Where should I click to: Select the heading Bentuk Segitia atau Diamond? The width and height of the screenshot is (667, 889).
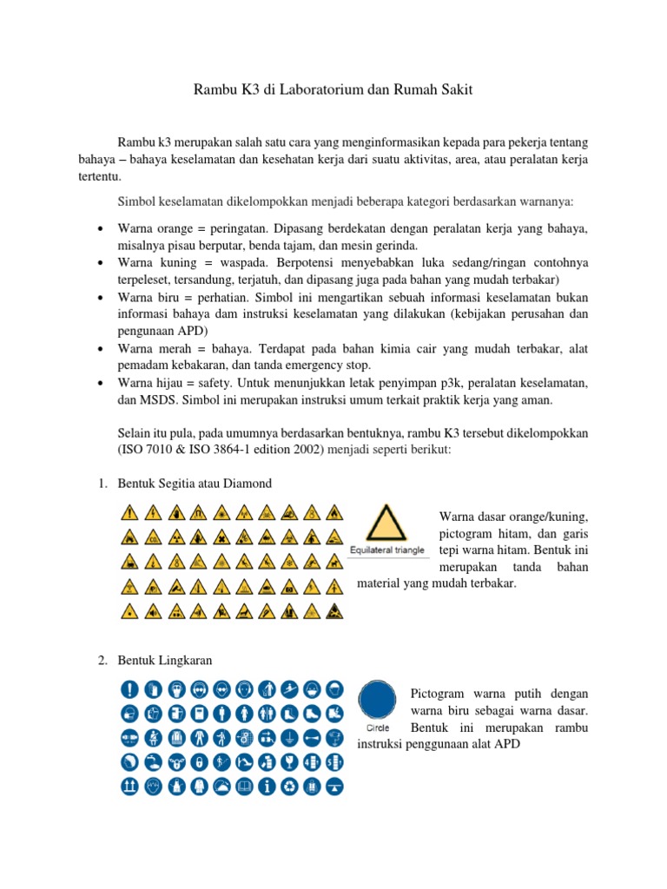pos(195,483)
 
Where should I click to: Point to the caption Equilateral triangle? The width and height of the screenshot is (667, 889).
pos(386,550)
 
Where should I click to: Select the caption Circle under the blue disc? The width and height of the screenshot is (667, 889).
pos(374,728)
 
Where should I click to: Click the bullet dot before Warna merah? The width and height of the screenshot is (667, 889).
pos(102,349)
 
